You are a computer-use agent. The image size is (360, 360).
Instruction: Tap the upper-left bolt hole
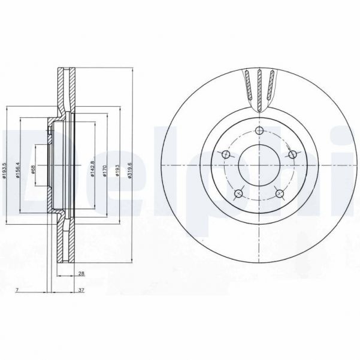point(226,155)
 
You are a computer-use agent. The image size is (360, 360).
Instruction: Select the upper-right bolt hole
point(292,155)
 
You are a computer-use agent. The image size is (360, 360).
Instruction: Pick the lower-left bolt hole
point(238,193)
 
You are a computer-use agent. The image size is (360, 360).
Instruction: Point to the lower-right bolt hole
point(279,193)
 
